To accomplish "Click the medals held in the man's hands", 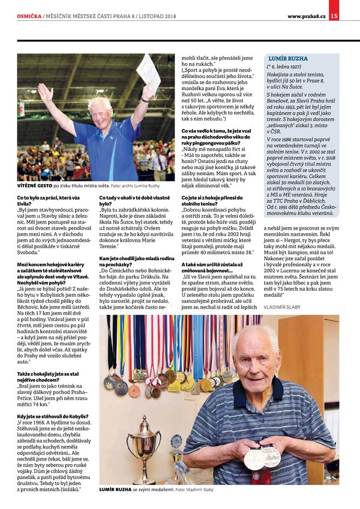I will coord(262,457).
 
